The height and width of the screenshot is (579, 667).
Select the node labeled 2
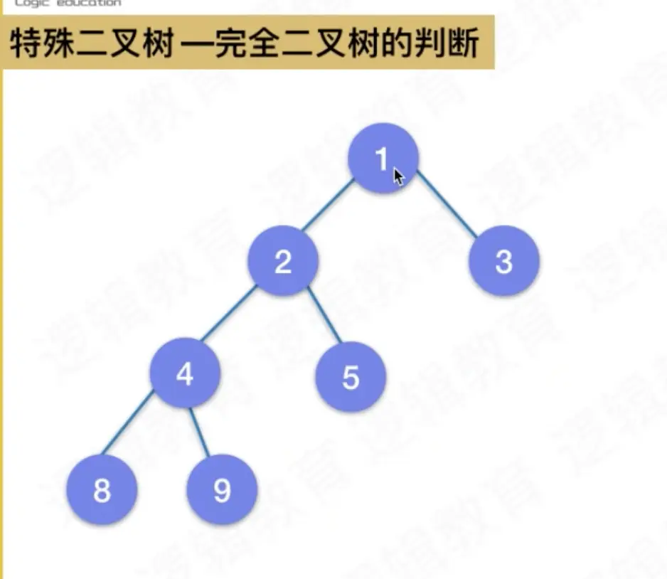point(283,261)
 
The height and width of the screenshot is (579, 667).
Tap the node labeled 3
point(503,261)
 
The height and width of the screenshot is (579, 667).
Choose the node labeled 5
point(351,377)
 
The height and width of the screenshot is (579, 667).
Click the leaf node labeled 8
point(102,490)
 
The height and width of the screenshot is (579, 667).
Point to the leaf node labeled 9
point(222,490)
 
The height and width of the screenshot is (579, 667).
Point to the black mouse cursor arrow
point(398,176)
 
